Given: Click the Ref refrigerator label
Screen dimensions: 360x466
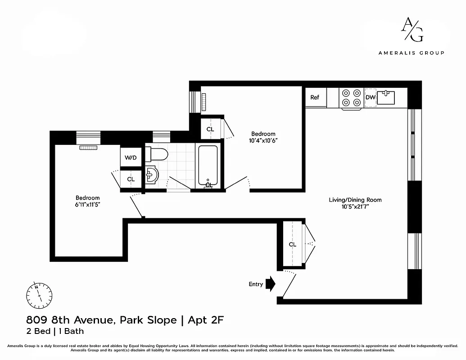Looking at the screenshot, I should click(315, 97).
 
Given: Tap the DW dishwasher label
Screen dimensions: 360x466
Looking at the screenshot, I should click(370, 97).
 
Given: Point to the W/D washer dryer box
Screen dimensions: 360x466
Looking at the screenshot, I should click(131, 157).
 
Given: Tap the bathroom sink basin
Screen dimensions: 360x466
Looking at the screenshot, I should click(151, 175).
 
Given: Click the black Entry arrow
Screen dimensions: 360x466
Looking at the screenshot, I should click(270, 284).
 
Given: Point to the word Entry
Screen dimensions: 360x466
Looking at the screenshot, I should click(256, 284).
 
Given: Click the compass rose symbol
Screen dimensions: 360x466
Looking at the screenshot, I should click(39, 294).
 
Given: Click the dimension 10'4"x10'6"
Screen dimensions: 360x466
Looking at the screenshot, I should click(263, 140).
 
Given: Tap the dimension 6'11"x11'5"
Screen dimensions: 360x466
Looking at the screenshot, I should click(87, 204).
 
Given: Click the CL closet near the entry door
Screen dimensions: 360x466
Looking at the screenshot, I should click(293, 244).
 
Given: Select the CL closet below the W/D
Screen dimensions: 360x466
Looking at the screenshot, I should click(131, 179).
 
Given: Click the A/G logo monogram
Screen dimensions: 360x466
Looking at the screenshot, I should click(412, 29).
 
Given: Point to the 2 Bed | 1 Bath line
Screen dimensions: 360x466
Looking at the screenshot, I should click(54, 332).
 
